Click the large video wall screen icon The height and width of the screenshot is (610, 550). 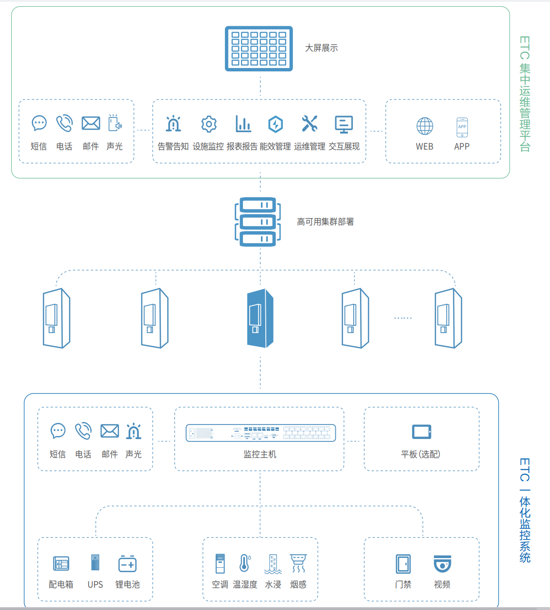(259, 49)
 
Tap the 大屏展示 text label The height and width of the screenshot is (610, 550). (321, 48)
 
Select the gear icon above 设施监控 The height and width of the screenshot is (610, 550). (209, 124)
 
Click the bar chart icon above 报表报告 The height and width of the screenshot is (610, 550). (243, 124)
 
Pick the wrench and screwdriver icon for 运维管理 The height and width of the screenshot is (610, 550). (309, 124)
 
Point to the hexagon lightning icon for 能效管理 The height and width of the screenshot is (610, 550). (275, 124)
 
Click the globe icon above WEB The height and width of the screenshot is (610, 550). (425, 126)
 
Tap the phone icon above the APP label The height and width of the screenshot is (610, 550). (462, 127)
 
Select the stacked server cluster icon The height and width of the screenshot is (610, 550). (258, 221)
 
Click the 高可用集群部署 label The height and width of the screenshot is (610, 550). (325, 222)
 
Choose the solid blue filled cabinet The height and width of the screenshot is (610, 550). (260, 319)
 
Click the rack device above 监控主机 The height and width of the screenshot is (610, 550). (261, 433)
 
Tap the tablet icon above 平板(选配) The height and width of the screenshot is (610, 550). (421, 431)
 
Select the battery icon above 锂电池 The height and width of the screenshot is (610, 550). (128, 564)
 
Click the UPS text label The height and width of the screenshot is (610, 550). (95, 585)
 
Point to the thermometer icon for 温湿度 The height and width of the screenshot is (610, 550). (245, 563)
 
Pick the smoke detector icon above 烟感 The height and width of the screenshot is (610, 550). (298, 563)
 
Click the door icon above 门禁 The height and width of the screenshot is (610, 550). (403, 564)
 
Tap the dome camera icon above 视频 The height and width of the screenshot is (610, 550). (442, 564)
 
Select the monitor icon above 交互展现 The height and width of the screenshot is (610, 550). (344, 124)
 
